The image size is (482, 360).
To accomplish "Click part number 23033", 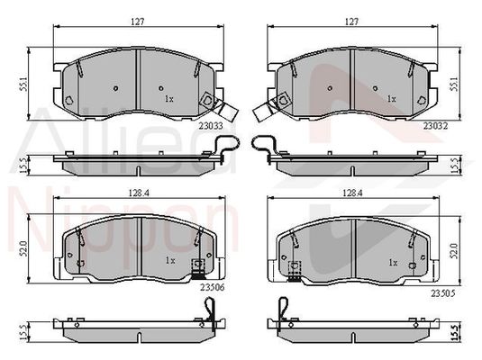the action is click(211, 126).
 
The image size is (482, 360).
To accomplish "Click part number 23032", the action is click(435, 126).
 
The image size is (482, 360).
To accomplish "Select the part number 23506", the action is click(213, 287).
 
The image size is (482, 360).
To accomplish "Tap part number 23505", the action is click(442, 293).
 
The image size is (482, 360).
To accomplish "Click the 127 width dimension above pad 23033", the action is click(138, 22).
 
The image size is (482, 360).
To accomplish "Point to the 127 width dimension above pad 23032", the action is click(351, 22).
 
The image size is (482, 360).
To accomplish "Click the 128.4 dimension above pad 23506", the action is click(139, 193).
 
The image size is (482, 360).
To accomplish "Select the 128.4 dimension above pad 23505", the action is click(353, 193).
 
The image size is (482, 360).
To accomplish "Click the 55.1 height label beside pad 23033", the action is click(25, 84).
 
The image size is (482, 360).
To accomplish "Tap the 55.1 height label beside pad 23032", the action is click(454, 84).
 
